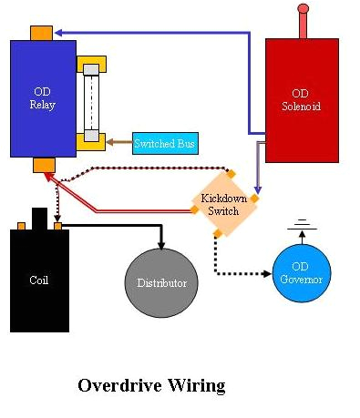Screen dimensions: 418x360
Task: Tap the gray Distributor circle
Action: (x=162, y=282)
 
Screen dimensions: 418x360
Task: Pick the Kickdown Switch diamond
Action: (x=223, y=206)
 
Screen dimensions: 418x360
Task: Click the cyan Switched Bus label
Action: (x=164, y=144)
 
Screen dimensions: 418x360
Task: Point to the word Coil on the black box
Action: (x=39, y=280)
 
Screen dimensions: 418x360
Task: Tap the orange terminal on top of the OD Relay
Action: (x=41, y=33)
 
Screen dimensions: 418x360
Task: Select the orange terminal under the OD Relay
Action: (x=44, y=165)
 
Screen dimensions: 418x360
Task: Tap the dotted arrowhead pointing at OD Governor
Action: (x=266, y=272)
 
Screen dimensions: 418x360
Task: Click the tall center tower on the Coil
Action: (x=39, y=219)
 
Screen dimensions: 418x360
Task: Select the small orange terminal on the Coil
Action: (x=57, y=225)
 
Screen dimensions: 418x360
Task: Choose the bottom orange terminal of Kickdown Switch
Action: (x=217, y=234)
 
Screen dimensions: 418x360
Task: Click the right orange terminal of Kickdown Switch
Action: (x=254, y=198)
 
